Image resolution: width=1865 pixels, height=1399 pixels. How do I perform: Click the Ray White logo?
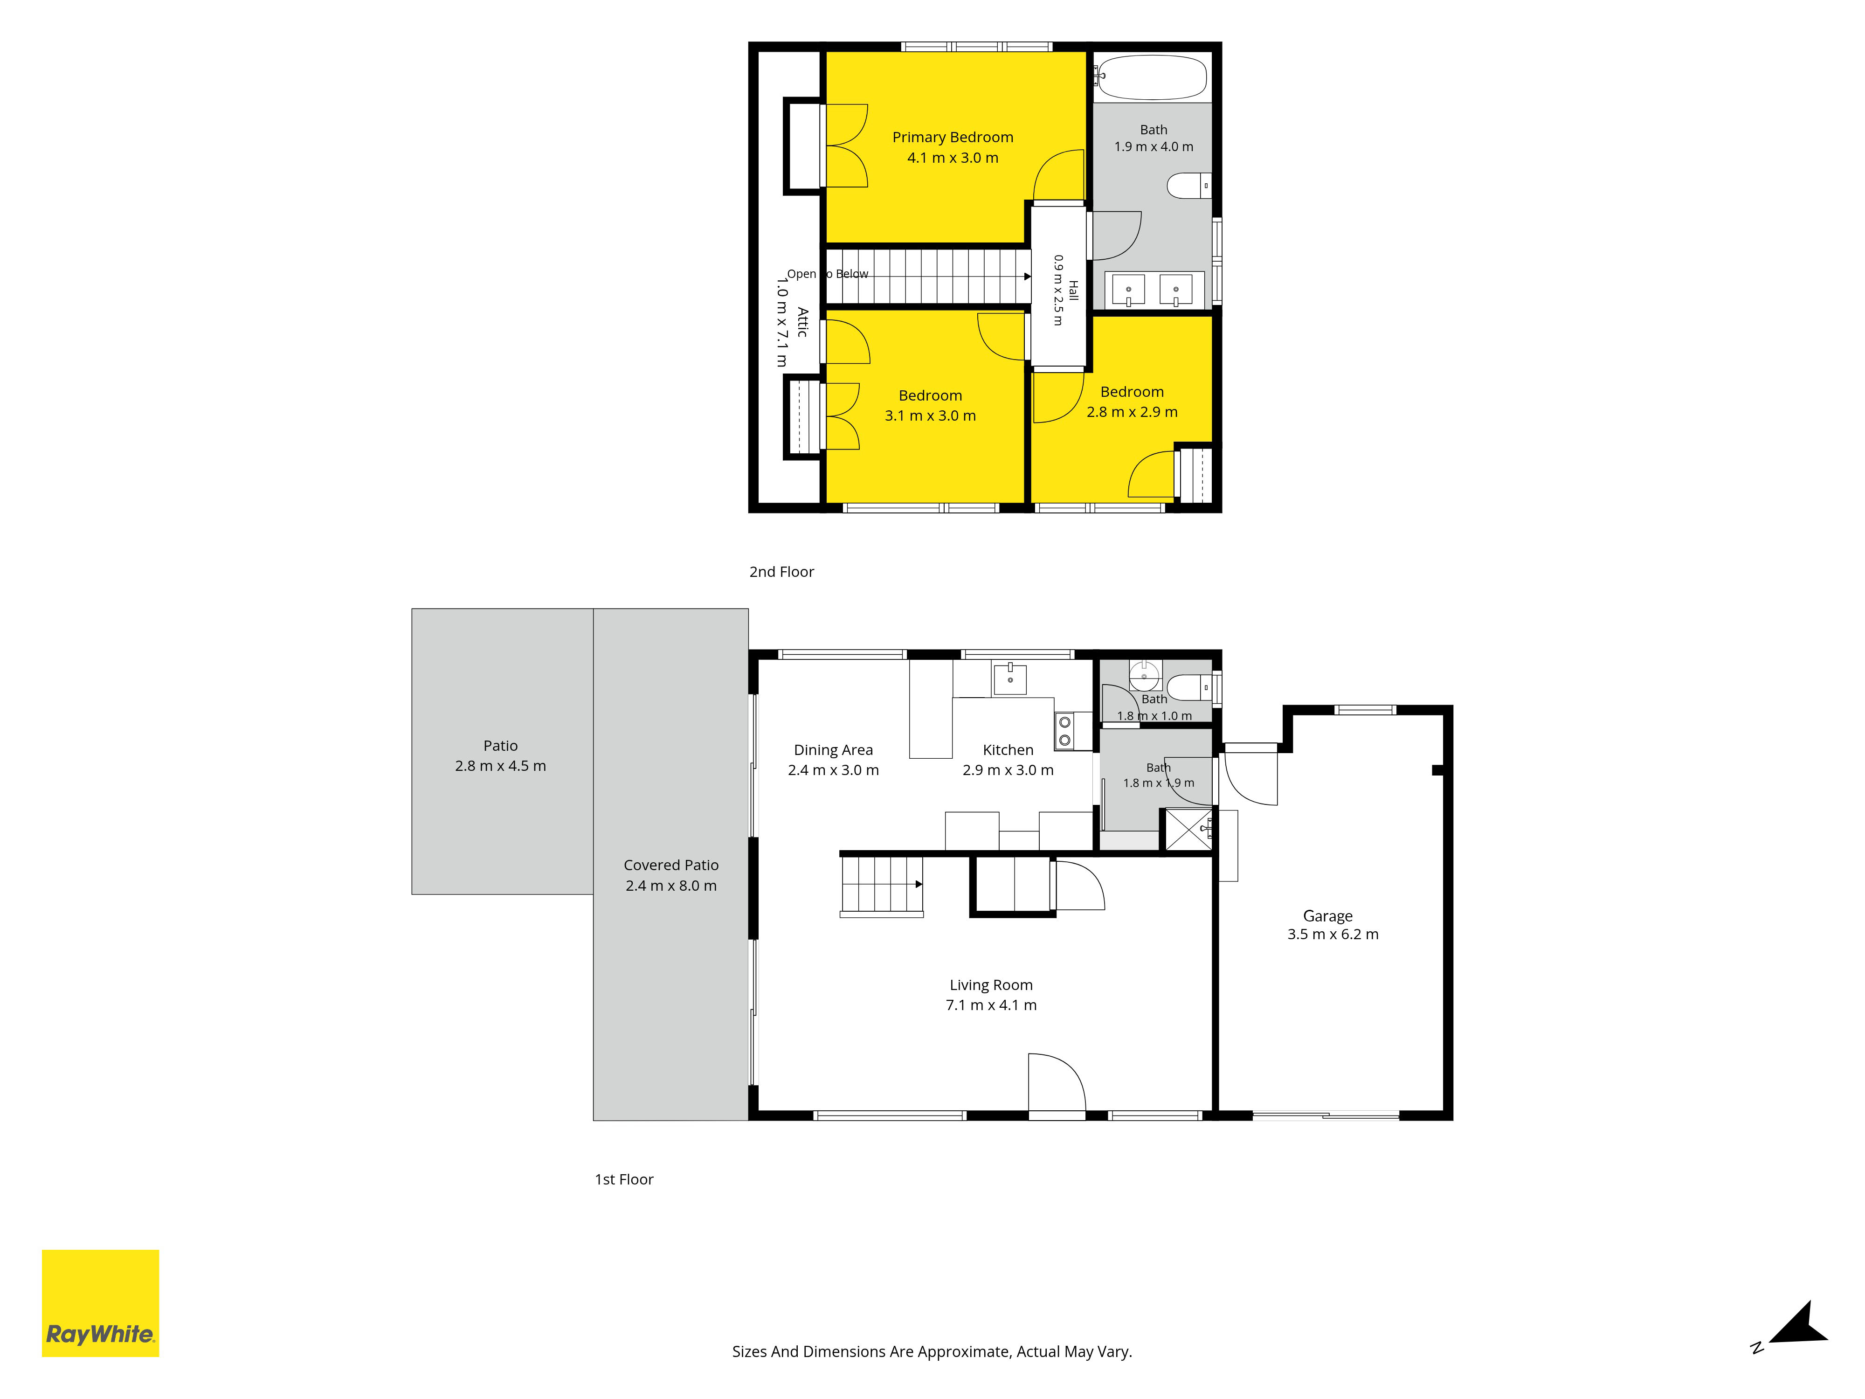click(100, 1303)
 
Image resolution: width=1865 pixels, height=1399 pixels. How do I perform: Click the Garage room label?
click(1328, 916)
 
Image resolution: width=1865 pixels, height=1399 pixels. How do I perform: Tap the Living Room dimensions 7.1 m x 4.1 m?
click(992, 1005)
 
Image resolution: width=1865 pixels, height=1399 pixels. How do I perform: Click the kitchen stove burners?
click(1065, 731)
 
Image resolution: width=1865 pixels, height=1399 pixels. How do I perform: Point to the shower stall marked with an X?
click(1188, 830)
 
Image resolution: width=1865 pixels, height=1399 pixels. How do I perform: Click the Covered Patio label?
click(671, 865)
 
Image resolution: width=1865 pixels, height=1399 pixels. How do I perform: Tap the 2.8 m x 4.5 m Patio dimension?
click(501, 766)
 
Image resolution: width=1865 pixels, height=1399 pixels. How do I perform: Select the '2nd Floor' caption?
click(781, 572)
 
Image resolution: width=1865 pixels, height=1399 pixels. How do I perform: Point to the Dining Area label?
click(833, 750)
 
